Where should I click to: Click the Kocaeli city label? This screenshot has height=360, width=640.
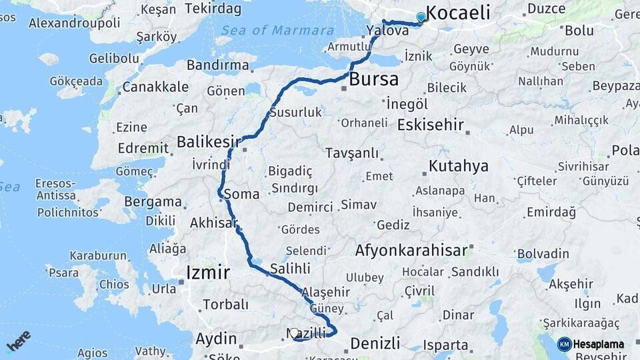(x=457, y=12)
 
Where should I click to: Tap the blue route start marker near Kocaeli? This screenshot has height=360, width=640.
(x=421, y=17)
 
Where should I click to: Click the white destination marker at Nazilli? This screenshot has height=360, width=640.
(x=294, y=333)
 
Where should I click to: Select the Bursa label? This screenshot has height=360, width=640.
(x=374, y=79)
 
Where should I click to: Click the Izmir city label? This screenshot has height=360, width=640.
(x=207, y=272)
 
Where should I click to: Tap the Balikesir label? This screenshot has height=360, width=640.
(x=208, y=141)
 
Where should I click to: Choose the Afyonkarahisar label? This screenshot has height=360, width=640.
(x=411, y=251)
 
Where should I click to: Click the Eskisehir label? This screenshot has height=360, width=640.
(x=435, y=125)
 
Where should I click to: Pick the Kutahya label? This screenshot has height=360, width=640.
(x=459, y=166)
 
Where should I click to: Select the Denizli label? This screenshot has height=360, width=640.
(x=375, y=343)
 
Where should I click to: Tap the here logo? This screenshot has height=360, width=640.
(x=19, y=341)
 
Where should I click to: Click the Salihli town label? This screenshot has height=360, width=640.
(x=290, y=269)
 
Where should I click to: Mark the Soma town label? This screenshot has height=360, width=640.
(x=241, y=195)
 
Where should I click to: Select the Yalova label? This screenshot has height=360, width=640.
(x=387, y=30)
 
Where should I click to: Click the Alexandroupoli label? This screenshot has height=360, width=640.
(x=75, y=23)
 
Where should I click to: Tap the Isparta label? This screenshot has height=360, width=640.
(x=445, y=345)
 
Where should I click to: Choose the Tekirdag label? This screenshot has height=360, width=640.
(x=212, y=9)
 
